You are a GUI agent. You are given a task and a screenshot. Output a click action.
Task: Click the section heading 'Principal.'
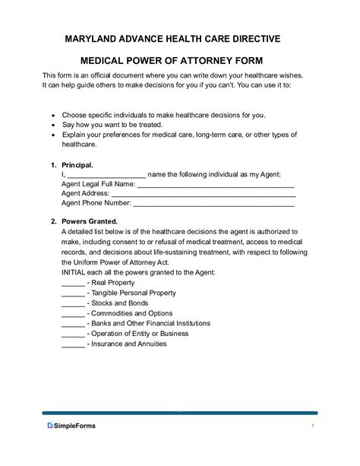76,164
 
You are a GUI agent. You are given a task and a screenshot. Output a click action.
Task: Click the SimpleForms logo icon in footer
49,425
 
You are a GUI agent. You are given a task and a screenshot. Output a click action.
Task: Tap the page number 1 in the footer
312,425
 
